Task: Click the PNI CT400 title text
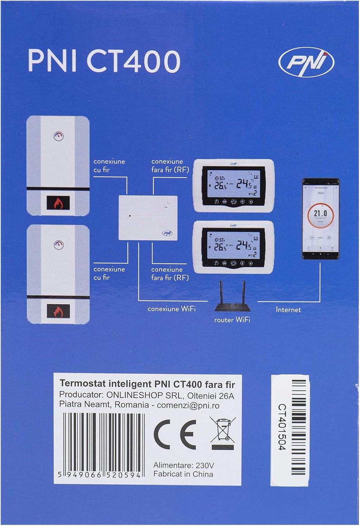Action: coord(104,61)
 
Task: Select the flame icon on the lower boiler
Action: coord(58,310)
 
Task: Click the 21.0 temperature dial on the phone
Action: coord(320,214)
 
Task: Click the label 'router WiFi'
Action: coord(232,320)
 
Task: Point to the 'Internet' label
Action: coord(288,310)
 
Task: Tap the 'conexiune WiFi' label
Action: coord(171,309)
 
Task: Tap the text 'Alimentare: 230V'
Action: coord(183,465)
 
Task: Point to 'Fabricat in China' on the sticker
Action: coord(183,474)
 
